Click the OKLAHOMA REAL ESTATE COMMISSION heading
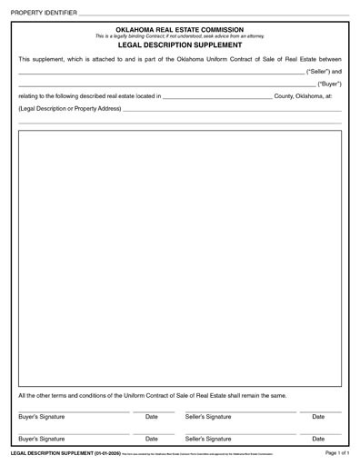point(180,29)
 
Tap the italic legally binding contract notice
point(180,35)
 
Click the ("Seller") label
point(324,70)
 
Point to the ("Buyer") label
point(329,83)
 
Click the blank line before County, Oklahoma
point(216,96)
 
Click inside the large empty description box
point(180,254)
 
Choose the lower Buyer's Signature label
point(41,438)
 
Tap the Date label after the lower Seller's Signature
point(318,438)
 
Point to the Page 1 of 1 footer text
point(336,451)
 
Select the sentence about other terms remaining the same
point(153,396)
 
